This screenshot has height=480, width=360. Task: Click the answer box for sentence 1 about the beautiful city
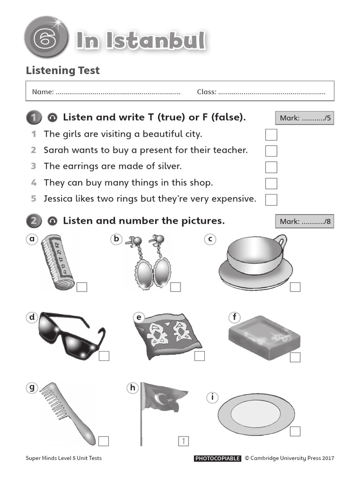(x=271, y=135)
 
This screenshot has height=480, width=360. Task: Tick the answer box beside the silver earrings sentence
(x=271, y=167)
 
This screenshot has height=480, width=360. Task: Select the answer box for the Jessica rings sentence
(x=271, y=199)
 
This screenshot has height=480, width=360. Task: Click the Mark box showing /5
(x=305, y=118)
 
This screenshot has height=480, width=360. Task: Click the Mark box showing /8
(x=305, y=221)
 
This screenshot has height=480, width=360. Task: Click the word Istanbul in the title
(x=155, y=41)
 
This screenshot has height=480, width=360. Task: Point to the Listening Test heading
(x=62, y=70)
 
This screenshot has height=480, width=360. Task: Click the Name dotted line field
(x=118, y=92)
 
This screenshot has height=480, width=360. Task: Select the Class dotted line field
(x=271, y=92)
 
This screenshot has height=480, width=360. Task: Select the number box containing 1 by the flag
(x=183, y=441)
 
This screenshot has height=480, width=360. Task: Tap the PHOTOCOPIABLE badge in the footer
(x=217, y=458)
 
